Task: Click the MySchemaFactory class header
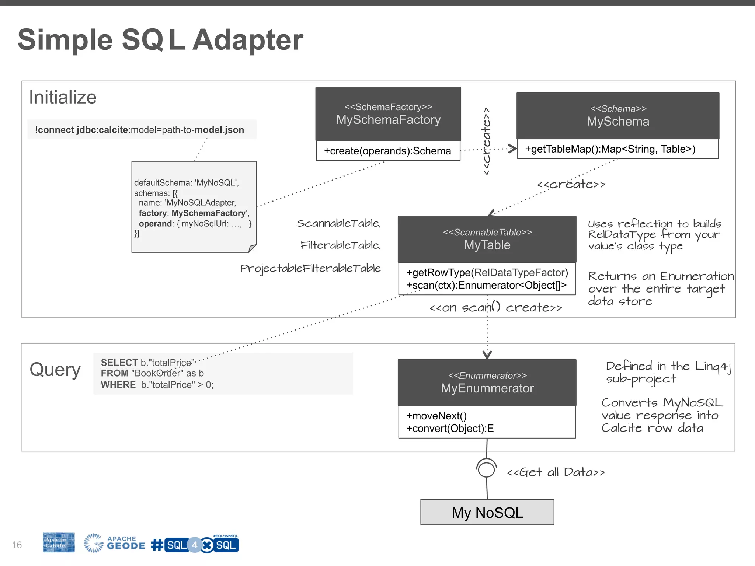[388, 114]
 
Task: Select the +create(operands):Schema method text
[387, 151]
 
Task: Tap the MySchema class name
[618, 122]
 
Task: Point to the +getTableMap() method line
[610, 149]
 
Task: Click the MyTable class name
[487, 245]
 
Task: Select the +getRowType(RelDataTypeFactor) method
[487, 273]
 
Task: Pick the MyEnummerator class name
[487, 388]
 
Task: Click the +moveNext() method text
[436, 416]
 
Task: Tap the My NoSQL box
[487, 513]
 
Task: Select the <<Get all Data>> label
[556, 472]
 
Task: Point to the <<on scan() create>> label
[495, 308]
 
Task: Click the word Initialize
[63, 98]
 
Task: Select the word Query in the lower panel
[55, 370]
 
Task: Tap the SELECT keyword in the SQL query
[119, 363]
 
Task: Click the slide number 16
[17, 545]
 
